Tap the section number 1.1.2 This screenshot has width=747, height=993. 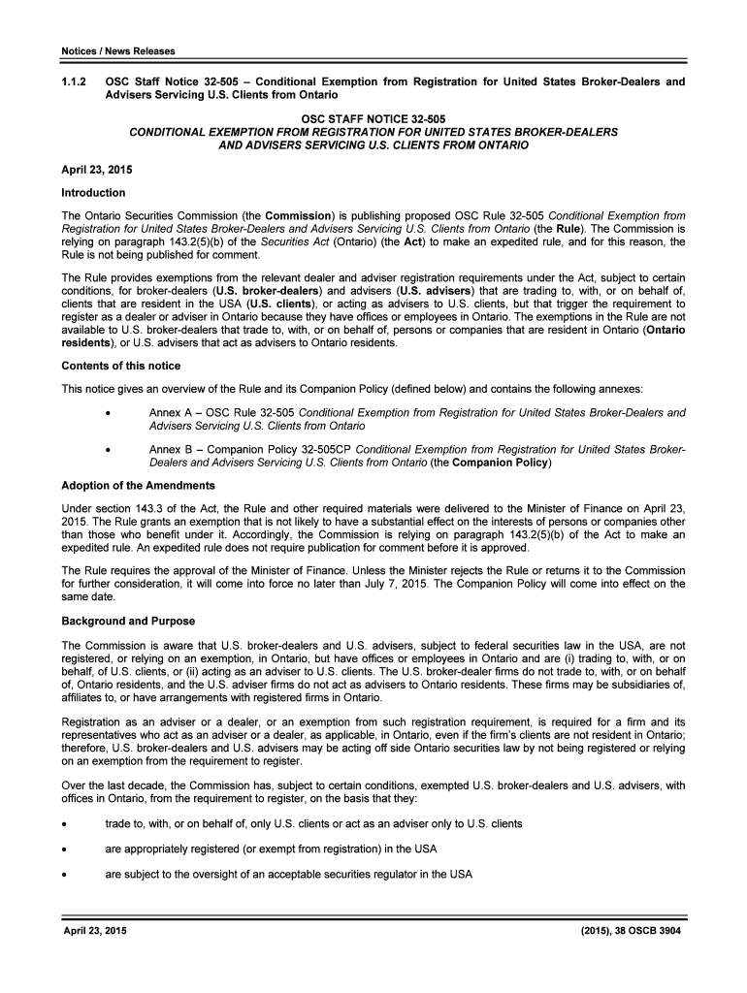(73, 82)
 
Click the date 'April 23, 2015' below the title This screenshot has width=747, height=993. (97, 170)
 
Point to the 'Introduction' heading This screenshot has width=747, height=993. (93, 193)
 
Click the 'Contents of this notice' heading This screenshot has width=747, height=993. (120, 366)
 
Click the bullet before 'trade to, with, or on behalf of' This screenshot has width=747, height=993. (64, 824)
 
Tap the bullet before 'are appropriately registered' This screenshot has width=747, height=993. (64, 849)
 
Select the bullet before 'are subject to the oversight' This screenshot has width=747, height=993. (64, 875)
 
